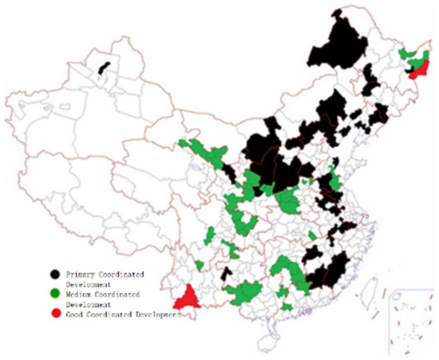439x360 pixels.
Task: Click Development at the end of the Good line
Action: [160, 315]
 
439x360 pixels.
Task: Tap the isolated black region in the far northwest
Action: [103, 66]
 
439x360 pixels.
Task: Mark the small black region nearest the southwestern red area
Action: [227, 275]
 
